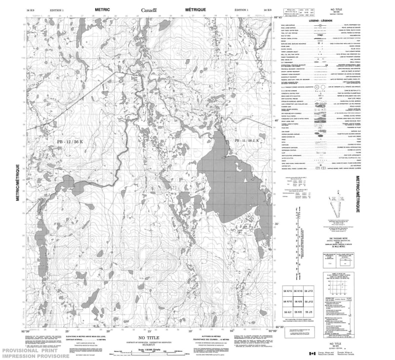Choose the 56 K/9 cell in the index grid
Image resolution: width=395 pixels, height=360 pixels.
[299, 301]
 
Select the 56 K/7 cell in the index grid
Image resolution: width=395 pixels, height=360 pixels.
[287, 313]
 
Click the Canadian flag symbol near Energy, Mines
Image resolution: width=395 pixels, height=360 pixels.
[312, 354]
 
